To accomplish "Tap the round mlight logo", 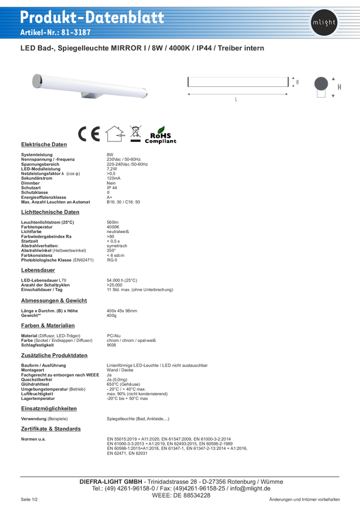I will (324, 23).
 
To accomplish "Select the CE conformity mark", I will (88, 135).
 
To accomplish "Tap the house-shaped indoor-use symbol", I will (113, 135).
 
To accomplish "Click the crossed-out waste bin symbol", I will (135, 135).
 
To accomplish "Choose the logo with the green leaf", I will (162, 135).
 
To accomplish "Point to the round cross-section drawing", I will (321, 84).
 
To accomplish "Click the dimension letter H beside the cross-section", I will (340, 86).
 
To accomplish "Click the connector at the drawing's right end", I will (294, 81).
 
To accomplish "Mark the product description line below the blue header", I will (142, 47).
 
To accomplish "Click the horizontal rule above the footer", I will (180, 477).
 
